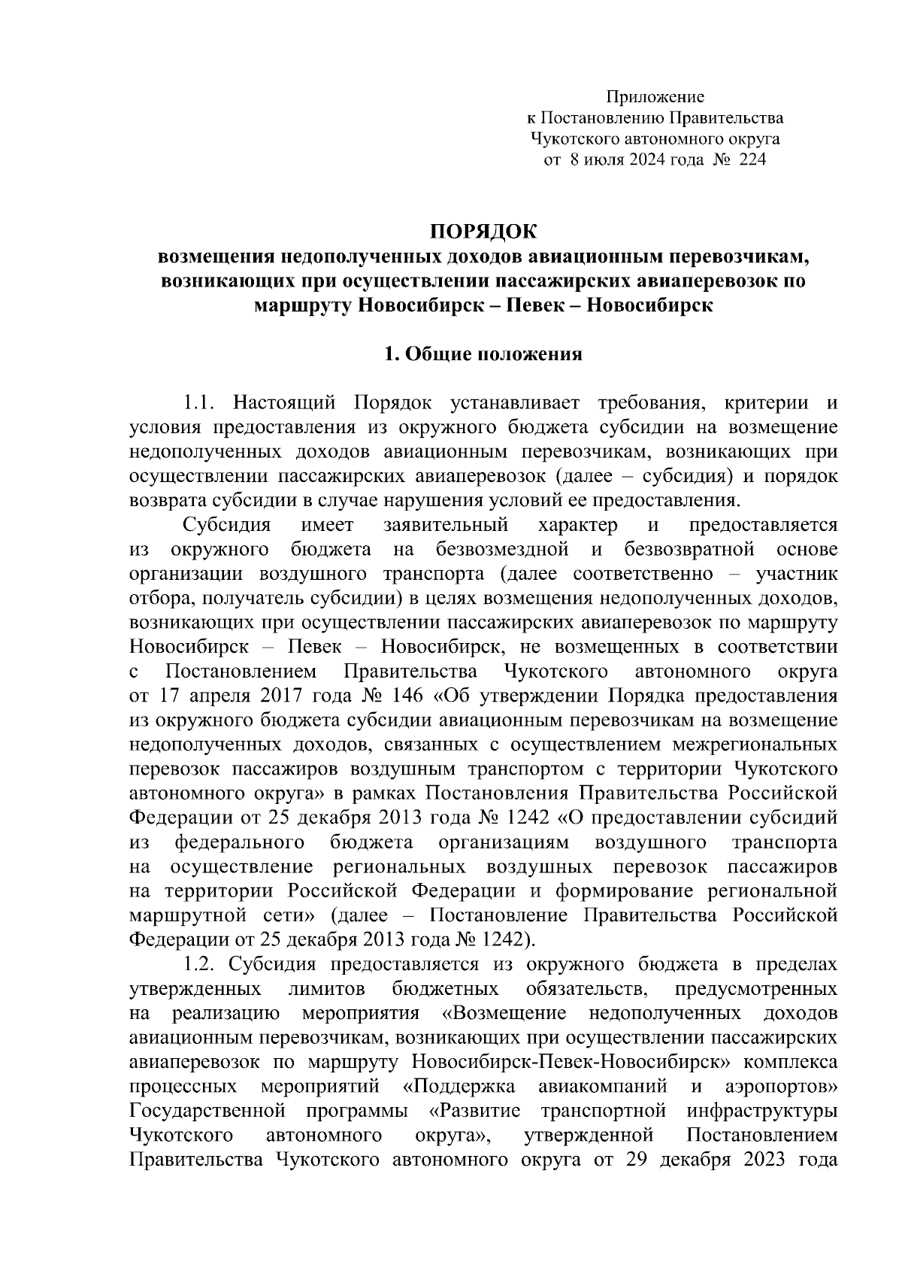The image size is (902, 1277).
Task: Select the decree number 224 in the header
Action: pos(752,160)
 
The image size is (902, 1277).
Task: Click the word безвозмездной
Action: pos(500,549)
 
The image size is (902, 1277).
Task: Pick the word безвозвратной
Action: pos(689,549)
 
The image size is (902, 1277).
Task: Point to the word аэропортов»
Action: pos(782,1086)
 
